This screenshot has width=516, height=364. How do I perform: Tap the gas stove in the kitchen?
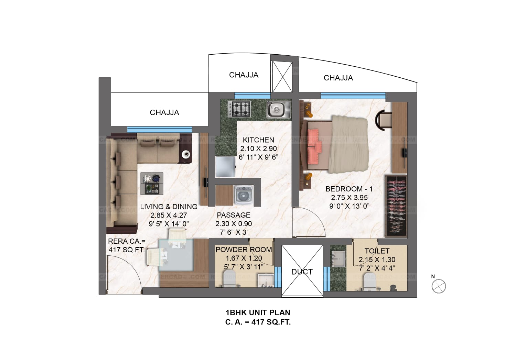coord(239,109)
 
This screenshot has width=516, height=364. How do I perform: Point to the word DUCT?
coord(302,272)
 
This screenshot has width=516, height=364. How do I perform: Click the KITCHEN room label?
coord(258,140)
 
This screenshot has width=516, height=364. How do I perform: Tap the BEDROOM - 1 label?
coord(349,189)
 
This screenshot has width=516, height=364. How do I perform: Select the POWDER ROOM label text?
coord(244,250)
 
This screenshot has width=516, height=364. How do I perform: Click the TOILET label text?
coord(377,251)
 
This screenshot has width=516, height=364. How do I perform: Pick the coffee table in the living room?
coord(152,184)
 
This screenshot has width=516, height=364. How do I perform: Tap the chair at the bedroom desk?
coord(384,120)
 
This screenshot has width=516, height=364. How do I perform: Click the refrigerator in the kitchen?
coord(225,167)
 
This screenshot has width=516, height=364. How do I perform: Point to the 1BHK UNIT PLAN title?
coord(258,312)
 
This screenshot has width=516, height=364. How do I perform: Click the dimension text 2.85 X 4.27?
coord(169,215)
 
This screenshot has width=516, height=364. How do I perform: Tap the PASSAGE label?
coord(234,215)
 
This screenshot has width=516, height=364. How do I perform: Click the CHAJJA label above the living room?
coord(164,113)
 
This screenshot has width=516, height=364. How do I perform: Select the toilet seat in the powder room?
coord(230,278)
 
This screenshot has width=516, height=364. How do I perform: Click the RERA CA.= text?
coord(127,241)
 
